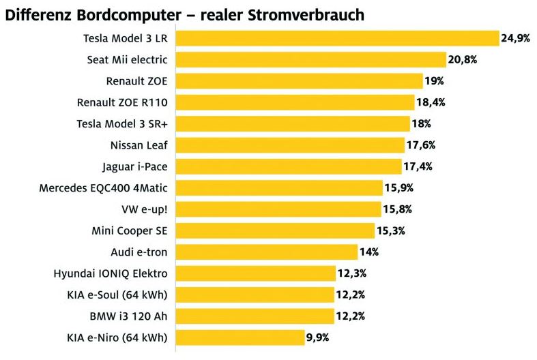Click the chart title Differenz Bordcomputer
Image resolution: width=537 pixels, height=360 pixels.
pos(185,13)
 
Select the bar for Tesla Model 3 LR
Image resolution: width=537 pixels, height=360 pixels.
pos(337,38)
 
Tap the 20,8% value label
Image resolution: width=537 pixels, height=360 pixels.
pos(462,60)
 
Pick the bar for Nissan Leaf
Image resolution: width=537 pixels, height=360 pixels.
pos(289,145)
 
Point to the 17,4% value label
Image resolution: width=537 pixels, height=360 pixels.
pos(418,166)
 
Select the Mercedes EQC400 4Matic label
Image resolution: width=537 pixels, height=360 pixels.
pos(104,187)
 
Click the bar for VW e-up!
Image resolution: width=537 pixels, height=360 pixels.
pos(278,209)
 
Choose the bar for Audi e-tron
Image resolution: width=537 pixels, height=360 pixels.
pos(266,252)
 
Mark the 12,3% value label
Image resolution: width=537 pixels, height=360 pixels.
pos(351,273)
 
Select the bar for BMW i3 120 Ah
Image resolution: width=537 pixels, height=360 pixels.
pos(254,316)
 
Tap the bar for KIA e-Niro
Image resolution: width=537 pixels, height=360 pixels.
pos(240,337)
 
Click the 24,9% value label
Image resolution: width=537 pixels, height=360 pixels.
pos(516,38)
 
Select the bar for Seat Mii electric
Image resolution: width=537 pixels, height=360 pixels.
pos(310,60)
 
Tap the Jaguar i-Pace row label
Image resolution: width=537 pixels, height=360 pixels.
pos(134,166)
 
